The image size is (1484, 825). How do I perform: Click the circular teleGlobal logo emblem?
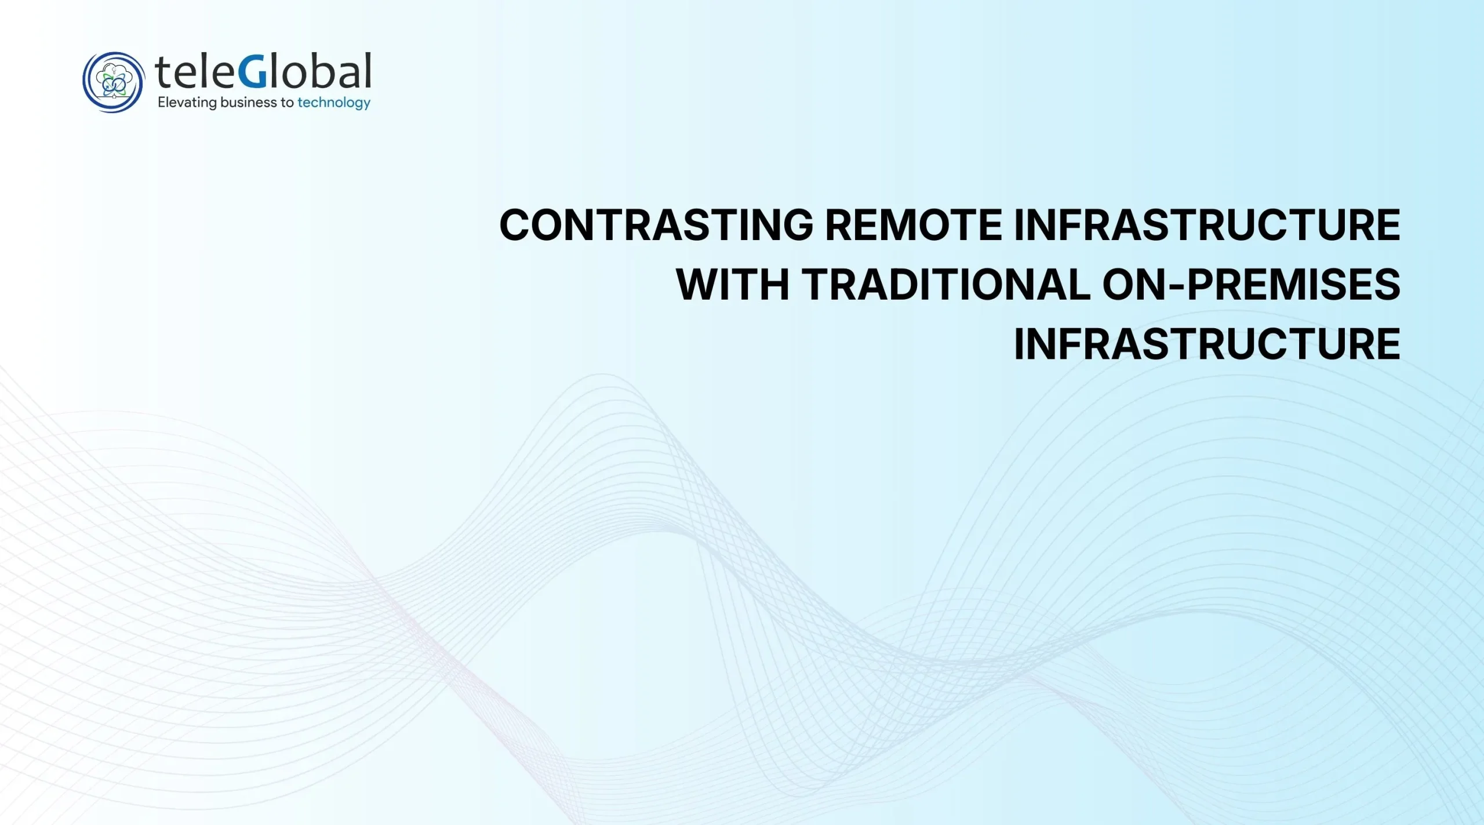[x=113, y=82]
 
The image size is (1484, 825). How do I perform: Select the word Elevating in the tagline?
[x=187, y=103]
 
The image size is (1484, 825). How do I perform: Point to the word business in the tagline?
[x=249, y=103]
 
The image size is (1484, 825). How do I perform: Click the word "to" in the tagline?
[x=287, y=103]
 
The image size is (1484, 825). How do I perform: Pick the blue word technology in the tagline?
[x=334, y=103]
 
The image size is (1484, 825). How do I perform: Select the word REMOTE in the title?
[x=914, y=225]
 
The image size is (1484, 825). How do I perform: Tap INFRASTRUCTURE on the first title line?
[x=1207, y=225]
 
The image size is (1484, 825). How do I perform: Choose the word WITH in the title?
[x=733, y=284]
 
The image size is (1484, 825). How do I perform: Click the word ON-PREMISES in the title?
[x=1251, y=284]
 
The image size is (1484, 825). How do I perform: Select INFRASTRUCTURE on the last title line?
[x=1207, y=344]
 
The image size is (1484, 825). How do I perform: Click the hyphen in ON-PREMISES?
[x=1177, y=286]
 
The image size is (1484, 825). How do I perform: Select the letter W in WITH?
[x=698, y=284]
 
